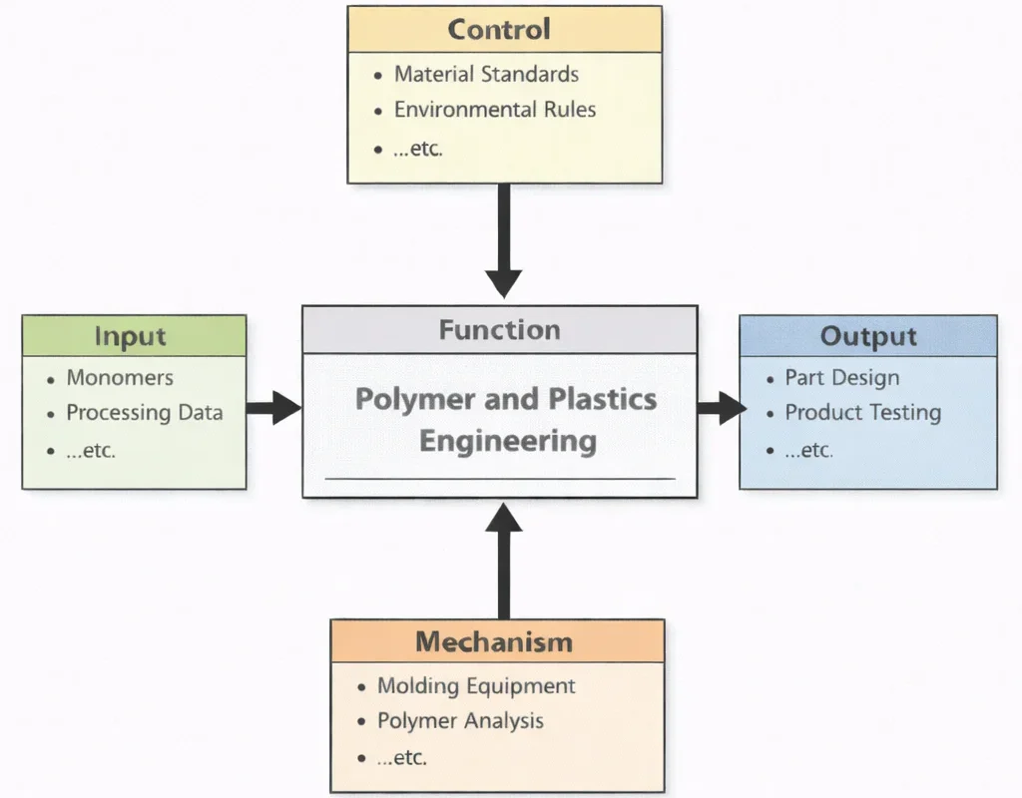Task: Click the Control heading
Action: click(x=499, y=29)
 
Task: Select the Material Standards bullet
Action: click(x=486, y=74)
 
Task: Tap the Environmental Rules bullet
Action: click(x=494, y=110)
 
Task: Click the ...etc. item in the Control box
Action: click(x=417, y=150)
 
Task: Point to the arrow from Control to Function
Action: click(x=504, y=239)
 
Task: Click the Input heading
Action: click(x=130, y=336)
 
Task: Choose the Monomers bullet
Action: click(x=119, y=378)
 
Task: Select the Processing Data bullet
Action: click(x=144, y=413)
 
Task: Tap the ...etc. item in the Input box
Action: click(x=91, y=450)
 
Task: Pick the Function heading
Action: click(x=499, y=330)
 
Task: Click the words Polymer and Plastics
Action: click(x=506, y=399)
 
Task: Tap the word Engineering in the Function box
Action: click(x=507, y=440)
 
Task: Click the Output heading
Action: click(x=867, y=336)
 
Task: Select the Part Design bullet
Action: click(x=841, y=378)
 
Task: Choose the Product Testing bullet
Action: click(x=862, y=413)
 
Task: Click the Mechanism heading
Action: click(x=494, y=641)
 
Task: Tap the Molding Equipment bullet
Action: click(x=476, y=686)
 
